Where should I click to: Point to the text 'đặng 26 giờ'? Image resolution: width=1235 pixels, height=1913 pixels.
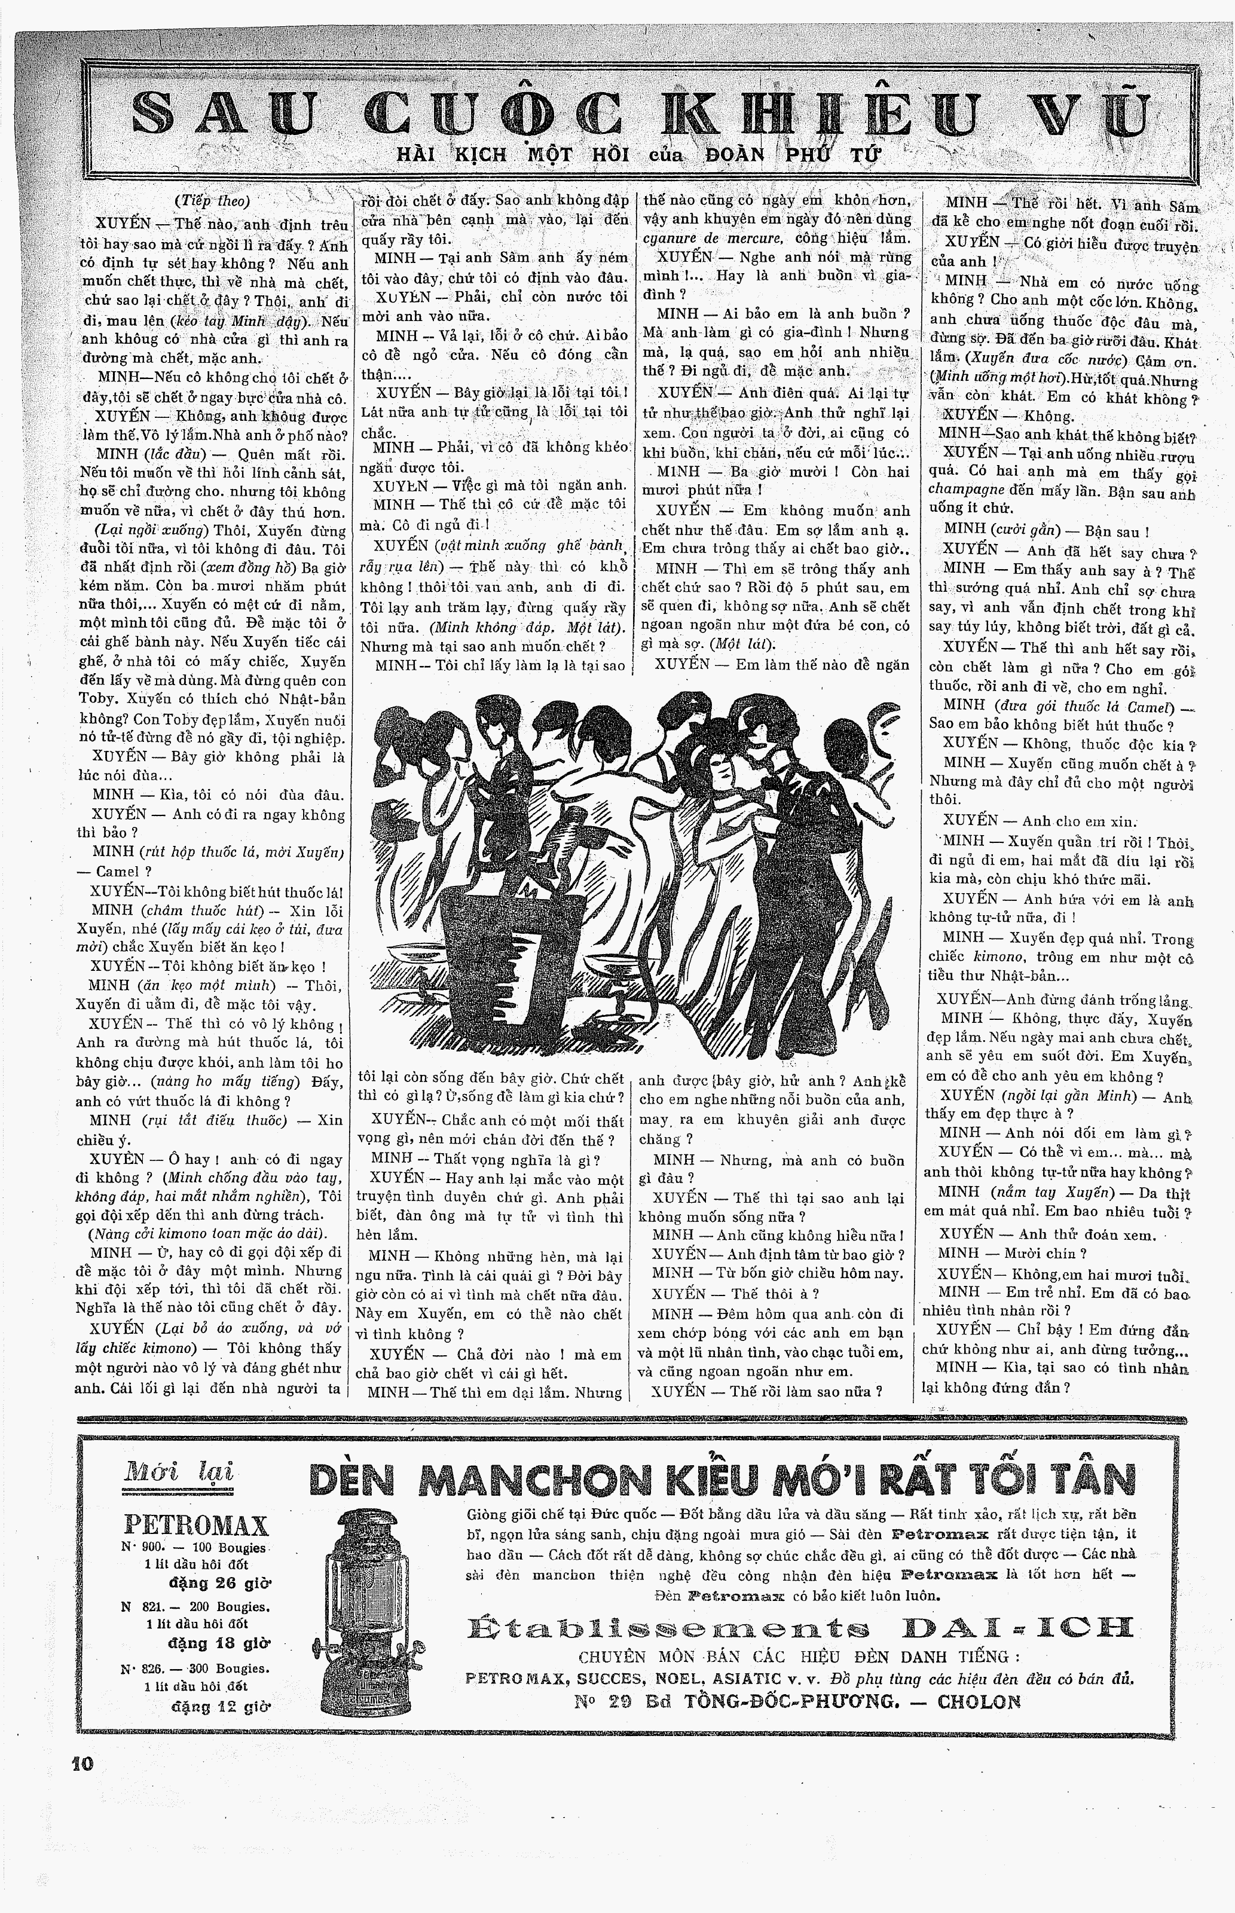pyautogui.click(x=219, y=1582)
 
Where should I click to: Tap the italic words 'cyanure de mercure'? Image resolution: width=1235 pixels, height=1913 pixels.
pyautogui.click(x=712, y=238)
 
